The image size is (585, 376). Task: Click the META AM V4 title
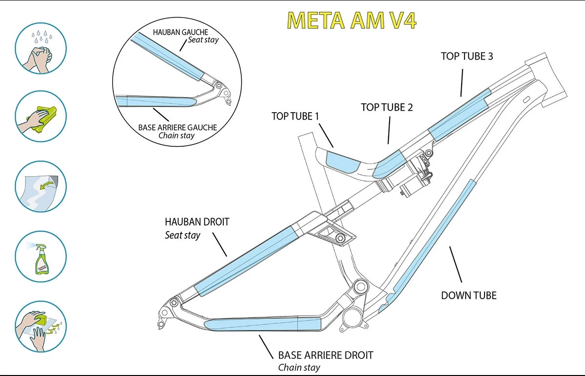coord(351,20)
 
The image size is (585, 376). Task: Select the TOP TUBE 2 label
coord(387,107)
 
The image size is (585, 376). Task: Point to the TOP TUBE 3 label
coord(467,56)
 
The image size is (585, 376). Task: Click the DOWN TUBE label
coord(468,295)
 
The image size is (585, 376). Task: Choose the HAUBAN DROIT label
coord(197,222)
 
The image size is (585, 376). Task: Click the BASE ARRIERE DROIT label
coord(325,355)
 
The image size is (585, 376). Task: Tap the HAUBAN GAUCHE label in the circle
coord(180,32)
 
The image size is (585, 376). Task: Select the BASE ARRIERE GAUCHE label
coord(177,127)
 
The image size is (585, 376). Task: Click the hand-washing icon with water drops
coord(40,48)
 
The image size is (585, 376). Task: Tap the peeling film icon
coord(40,186)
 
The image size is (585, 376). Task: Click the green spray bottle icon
coord(41,257)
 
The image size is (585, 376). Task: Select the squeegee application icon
coord(40,325)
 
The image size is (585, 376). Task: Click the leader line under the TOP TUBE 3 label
coord(461,81)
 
